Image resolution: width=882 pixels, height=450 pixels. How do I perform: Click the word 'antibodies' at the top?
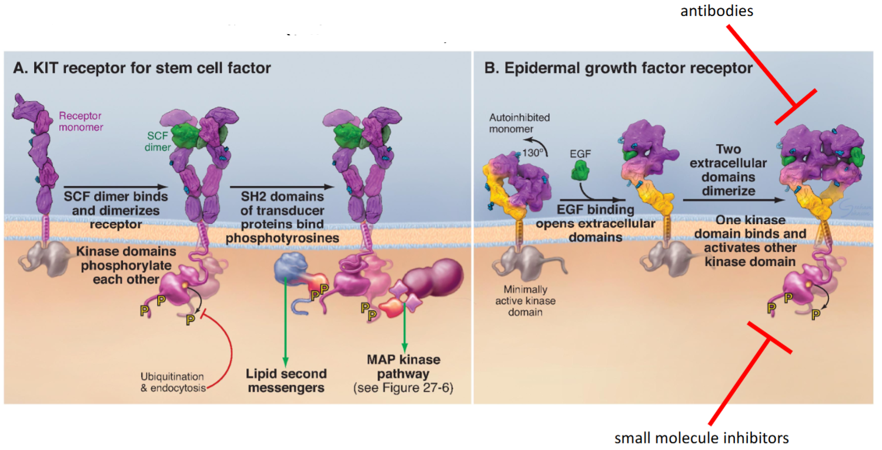[724, 11]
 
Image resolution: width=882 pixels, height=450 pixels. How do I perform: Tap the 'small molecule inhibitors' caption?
[701, 437]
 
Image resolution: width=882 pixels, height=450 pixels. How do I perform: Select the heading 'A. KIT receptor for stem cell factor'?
[142, 68]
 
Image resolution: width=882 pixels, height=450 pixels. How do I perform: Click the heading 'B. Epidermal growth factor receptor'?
[618, 68]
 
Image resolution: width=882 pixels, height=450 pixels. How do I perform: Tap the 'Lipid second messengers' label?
[285, 381]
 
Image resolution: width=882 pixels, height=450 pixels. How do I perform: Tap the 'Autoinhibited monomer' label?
[519, 122]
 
